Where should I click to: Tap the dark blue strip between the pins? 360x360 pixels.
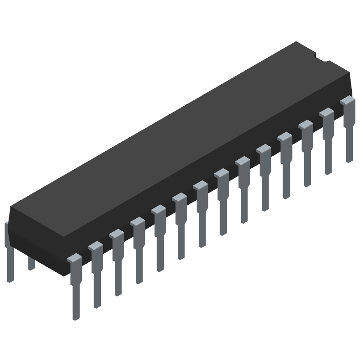click(213, 256)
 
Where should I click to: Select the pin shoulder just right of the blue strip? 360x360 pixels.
click(221, 174)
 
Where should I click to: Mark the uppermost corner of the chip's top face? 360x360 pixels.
click(296, 42)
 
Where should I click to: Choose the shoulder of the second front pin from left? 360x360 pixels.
click(95, 246)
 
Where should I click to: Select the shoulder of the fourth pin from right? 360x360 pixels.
click(285, 137)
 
